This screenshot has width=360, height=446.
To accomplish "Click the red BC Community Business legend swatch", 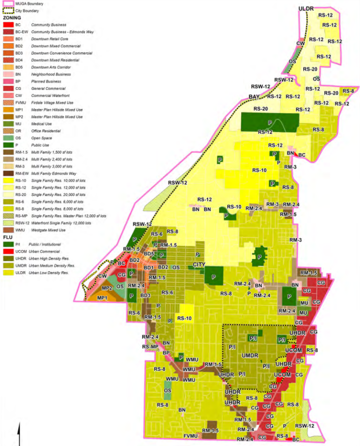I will pos(7,24).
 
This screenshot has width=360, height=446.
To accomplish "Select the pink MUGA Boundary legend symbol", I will pos(7,4).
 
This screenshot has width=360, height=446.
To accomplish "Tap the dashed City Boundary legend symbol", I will pos(7,10).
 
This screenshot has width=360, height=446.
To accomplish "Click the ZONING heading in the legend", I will pos(12,17).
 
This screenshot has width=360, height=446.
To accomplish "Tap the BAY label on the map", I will pos(254,98).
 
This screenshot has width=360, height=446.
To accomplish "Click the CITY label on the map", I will pos(200,265).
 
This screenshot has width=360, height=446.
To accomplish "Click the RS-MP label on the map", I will pos(150,347).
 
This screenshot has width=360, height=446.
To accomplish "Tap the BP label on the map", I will pos(166,352).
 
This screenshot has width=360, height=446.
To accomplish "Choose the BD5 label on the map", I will pos(150,254).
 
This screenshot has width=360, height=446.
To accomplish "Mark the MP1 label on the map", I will pos(102,298).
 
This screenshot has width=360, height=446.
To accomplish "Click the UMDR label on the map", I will pos(250,356).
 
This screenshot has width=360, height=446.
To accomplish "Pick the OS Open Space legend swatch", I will pos(7,138).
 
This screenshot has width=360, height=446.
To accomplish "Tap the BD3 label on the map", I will pos(145,296).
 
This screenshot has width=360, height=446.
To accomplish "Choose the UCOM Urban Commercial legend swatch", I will pos(7,251).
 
